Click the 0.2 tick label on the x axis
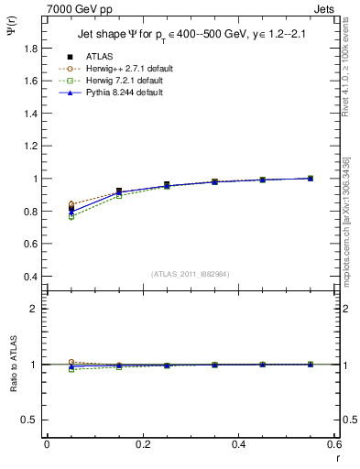point(143,444)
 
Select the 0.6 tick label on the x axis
point(333,444)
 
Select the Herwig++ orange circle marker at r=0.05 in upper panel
point(71,204)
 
